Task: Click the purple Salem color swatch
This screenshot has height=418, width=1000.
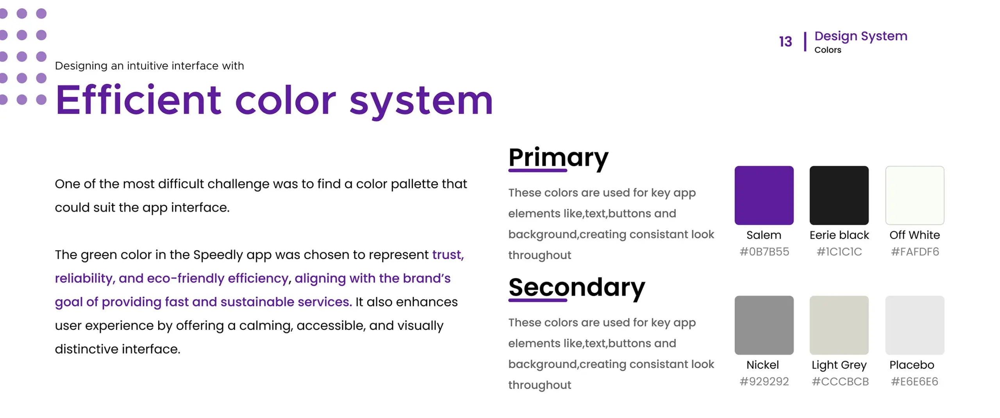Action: [x=764, y=195]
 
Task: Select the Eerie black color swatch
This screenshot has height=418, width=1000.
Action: [x=839, y=195]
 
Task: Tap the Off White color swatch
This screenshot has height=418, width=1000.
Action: [x=914, y=195]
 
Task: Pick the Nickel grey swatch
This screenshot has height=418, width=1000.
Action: [x=764, y=325]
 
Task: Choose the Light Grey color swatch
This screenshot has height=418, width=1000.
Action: [x=839, y=325]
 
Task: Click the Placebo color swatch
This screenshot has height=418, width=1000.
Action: [x=914, y=325]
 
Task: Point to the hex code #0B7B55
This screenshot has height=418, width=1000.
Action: [x=764, y=252]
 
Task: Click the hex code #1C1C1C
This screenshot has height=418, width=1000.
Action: [x=839, y=252]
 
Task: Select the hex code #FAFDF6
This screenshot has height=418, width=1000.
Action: [x=914, y=252]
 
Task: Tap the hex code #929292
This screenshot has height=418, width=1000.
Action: [x=764, y=381]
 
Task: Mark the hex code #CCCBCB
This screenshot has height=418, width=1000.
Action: [x=840, y=381]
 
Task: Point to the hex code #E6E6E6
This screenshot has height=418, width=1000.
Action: [x=914, y=381]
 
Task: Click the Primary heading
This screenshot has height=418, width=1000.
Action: [x=558, y=158]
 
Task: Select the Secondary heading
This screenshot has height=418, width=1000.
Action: [x=577, y=288]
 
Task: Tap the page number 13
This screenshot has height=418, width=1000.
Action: [x=785, y=42]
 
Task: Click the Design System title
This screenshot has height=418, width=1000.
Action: [x=861, y=36]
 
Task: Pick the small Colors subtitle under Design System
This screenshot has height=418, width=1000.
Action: [x=827, y=50]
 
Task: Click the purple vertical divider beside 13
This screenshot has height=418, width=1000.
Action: [x=805, y=42]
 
